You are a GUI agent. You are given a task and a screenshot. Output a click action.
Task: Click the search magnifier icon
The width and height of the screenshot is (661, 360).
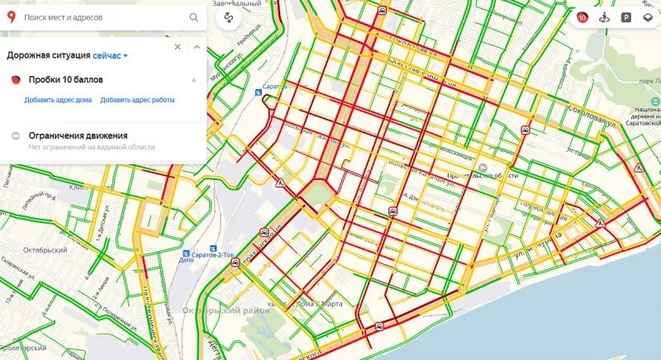coord(194,17)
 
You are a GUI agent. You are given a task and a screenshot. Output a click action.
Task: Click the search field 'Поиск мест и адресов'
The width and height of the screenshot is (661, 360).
coord(99,17)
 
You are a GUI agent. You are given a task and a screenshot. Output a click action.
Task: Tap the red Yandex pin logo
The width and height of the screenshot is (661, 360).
coord(12,17)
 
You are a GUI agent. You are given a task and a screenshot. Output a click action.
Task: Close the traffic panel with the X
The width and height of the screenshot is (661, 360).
coord(177,47)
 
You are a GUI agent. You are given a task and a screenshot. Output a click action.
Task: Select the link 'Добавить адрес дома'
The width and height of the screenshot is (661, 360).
coord(58,100)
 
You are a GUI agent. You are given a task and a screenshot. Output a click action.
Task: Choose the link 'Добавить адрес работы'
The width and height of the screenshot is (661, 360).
coord(138,100)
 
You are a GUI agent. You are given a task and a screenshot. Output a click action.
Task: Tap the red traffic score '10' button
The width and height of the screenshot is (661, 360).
coord(582,17)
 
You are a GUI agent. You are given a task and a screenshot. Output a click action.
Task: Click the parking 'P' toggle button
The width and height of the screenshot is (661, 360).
coord(626,17)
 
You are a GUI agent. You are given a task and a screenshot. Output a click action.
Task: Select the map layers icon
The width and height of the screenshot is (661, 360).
coord(648,17)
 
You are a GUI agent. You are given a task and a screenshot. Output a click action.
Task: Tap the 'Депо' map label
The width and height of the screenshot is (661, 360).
coord(187,258)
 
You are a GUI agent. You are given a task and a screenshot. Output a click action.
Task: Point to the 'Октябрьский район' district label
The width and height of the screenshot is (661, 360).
coord(218,310)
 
